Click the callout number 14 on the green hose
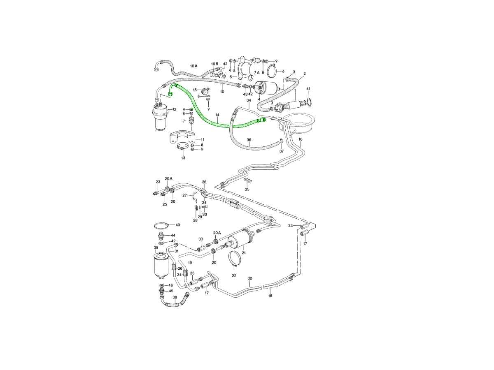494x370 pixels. point(217,115)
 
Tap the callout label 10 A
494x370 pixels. point(193,66)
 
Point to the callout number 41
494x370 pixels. point(308,89)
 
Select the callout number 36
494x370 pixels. point(249,140)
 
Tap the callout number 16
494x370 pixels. point(300,139)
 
